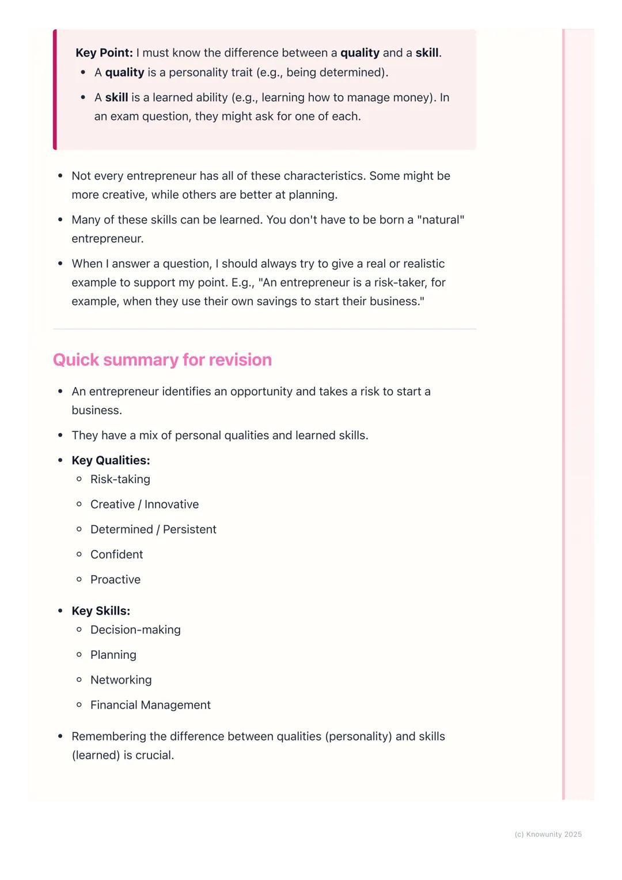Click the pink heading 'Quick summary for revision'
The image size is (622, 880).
[162, 360]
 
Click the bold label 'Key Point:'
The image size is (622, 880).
[104, 53]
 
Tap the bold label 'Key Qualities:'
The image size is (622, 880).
[111, 460]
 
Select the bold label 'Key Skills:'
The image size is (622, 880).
[101, 610]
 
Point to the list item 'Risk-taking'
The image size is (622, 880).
[120, 479]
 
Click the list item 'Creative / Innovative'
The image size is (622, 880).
[144, 505]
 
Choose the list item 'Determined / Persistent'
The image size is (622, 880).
[153, 529]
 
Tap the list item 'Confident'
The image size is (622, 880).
[116, 555]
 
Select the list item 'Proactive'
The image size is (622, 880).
[115, 579]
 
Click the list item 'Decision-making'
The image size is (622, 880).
[135, 630]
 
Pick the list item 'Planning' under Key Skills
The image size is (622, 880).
[113, 655]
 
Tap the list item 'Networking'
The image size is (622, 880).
[121, 680]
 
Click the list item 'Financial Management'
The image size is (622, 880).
[150, 705]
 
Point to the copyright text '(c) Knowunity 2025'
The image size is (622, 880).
[548, 835]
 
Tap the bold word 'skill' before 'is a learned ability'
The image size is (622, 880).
[116, 97]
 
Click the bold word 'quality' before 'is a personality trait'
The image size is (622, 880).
[124, 73]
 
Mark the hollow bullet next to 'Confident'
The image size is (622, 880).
[79, 554]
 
